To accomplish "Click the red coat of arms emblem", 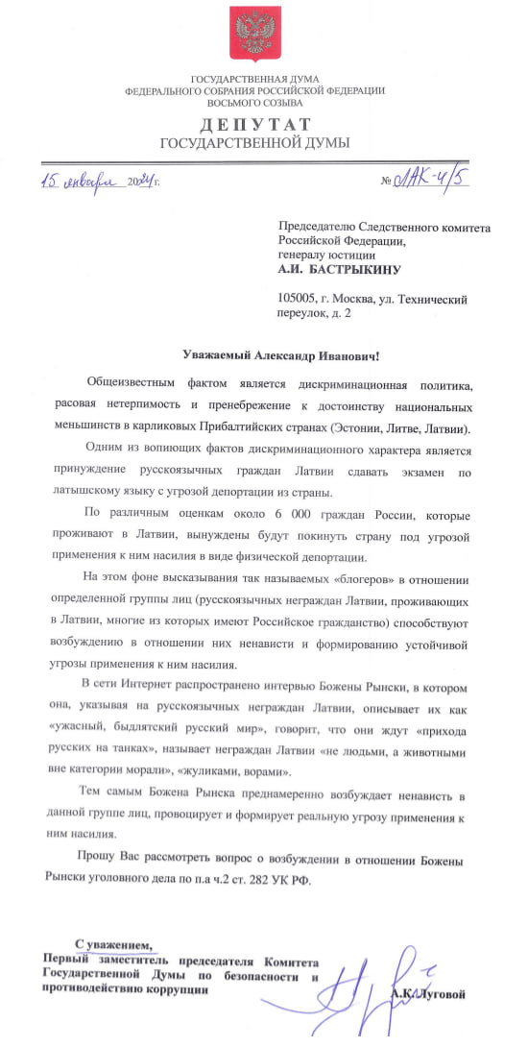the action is pos(254,35).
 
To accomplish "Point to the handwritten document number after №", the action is pos(431,180).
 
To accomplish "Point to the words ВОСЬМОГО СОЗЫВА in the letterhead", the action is pos(254,101).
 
